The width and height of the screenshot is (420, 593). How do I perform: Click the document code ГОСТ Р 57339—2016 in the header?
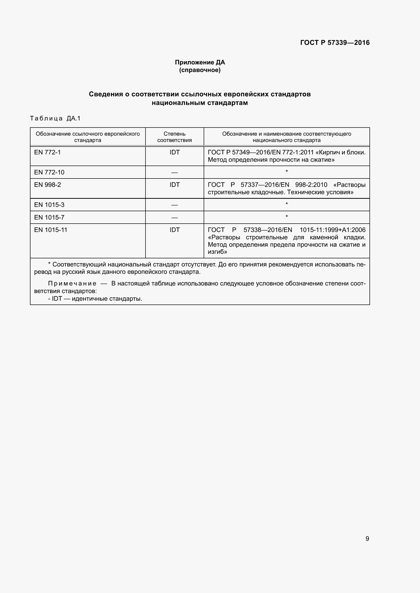click(335, 43)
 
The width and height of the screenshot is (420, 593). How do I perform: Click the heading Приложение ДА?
click(200, 62)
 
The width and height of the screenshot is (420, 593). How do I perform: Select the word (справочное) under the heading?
click(200, 70)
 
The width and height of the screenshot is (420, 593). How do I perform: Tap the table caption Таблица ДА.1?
click(55, 118)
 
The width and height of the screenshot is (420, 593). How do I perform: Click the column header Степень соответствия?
click(174, 137)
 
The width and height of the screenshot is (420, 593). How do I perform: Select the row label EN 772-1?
click(47, 152)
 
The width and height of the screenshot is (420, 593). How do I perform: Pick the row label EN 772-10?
click(49, 172)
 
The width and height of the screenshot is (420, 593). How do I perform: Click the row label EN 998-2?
click(47, 185)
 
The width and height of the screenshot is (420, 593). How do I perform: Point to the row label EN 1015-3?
click(49, 205)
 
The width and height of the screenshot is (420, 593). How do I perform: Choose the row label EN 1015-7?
click(49, 218)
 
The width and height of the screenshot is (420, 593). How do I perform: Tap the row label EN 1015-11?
click(51, 230)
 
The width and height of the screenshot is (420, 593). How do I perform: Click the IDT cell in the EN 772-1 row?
click(174, 152)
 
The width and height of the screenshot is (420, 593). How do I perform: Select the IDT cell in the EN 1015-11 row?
click(174, 230)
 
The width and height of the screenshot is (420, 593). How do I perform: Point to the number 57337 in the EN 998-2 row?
click(249, 185)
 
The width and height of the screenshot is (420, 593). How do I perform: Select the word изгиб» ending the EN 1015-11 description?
click(217, 252)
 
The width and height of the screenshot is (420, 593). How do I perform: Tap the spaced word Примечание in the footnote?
click(72, 284)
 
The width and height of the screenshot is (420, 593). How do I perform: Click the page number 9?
click(367, 538)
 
